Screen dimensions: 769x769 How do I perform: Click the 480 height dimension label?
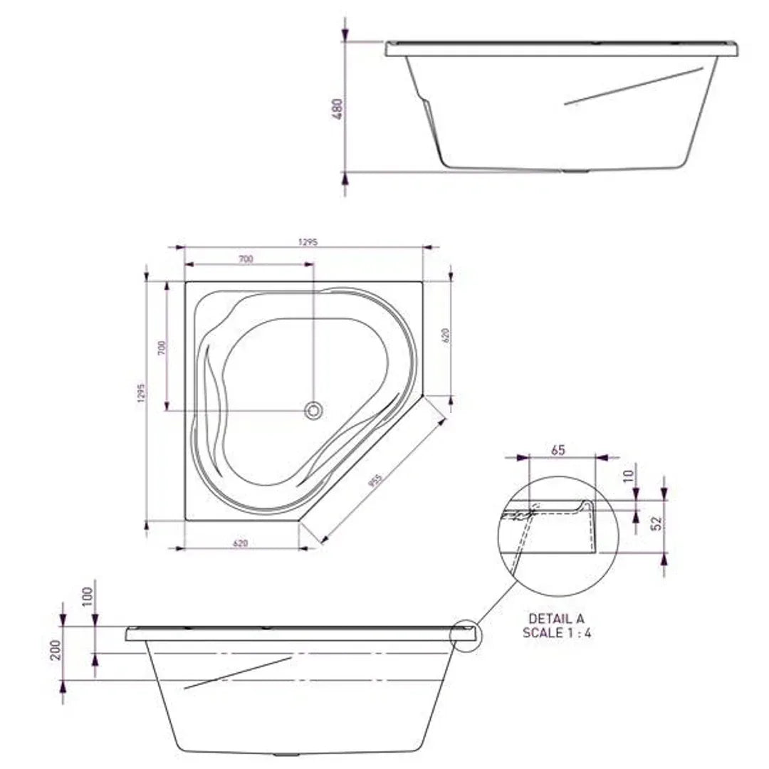pos(338,108)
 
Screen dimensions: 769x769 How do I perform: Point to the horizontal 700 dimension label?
pos(245,260)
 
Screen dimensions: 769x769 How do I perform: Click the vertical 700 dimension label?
pos(162,348)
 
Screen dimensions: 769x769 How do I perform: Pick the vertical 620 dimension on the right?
pos(446,335)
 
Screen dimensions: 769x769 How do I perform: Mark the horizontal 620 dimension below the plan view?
pos(241,543)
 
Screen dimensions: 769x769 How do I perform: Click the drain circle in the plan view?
pos(313,410)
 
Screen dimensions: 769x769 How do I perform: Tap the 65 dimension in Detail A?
pos(558,451)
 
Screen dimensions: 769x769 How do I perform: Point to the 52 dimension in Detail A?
pos(659,522)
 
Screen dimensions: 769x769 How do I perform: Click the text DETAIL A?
pos(556,619)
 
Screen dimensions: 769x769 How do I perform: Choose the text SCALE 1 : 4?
pos(556,633)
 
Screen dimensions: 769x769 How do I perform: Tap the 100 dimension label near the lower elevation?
pos(88,596)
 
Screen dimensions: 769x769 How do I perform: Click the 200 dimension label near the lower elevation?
pos(56,649)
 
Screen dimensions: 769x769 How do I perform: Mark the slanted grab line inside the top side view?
pos(634,86)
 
